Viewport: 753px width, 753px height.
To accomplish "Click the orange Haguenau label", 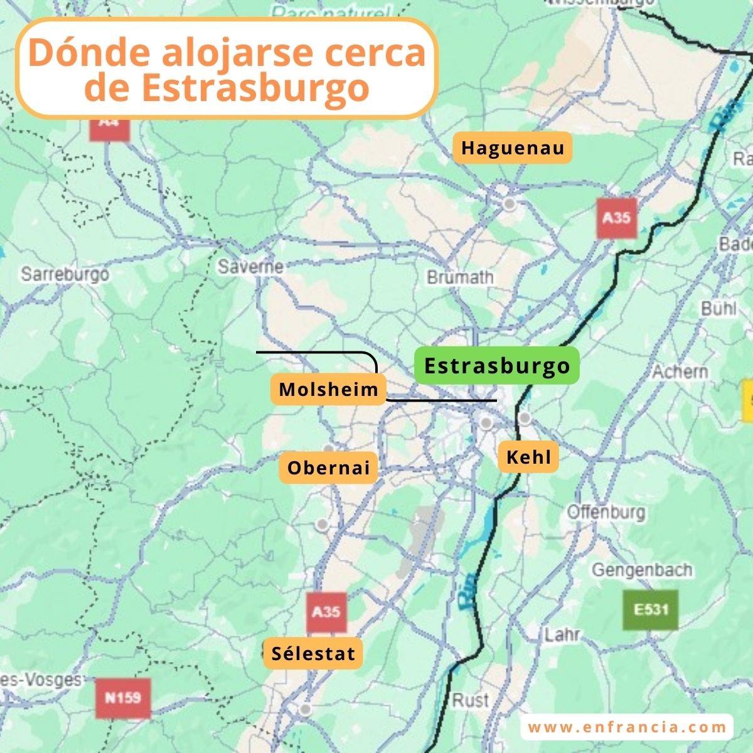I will [x=513, y=148].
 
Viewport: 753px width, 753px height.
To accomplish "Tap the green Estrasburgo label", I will [x=496, y=366].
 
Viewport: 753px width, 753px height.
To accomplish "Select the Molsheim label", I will [x=329, y=389].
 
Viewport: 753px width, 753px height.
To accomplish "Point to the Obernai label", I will [x=329, y=467].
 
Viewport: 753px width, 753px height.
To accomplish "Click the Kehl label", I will [x=528, y=457].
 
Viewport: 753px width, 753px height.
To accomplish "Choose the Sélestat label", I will [x=313, y=653].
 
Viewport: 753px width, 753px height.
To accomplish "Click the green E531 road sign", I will [x=651, y=609].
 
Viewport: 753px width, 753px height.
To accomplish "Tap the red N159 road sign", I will [x=123, y=698].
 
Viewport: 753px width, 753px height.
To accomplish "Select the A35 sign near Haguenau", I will [x=616, y=218].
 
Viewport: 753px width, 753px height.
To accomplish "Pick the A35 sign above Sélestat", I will [x=326, y=612].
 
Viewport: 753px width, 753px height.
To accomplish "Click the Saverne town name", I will [x=250, y=267].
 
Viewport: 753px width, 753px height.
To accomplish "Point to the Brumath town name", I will [x=460, y=277].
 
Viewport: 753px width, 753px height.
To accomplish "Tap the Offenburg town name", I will [x=606, y=511].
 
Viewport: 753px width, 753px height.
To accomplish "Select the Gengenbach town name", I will [x=642, y=570].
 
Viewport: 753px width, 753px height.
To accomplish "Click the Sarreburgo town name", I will [x=65, y=274].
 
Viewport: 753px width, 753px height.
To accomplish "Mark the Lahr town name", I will [x=562, y=634].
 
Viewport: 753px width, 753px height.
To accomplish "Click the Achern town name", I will [x=680, y=371].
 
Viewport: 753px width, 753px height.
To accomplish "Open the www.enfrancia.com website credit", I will [x=627, y=727].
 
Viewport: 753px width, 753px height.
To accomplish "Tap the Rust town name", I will [x=470, y=700].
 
